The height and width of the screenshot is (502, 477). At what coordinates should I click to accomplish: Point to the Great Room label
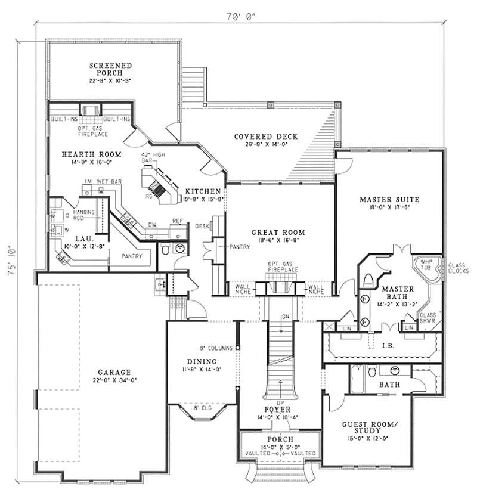coord(278,232)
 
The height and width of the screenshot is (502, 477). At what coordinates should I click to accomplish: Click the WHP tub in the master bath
coord(426,269)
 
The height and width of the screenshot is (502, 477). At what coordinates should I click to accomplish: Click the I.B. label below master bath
coord(385,344)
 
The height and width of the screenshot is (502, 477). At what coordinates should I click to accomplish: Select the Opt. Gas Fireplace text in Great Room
coord(279,267)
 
